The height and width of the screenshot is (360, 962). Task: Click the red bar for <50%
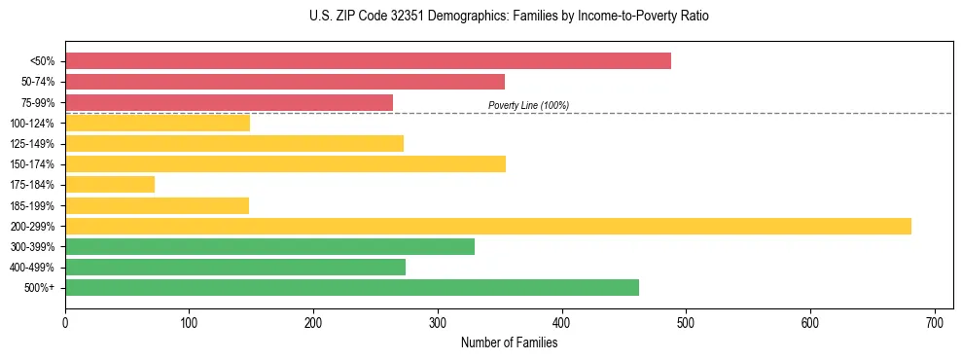pyautogui.click(x=368, y=60)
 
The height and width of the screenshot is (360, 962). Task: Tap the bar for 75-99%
pyautogui.click(x=229, y=102)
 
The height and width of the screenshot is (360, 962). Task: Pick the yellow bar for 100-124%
pyautogui.click(x=158, y=123)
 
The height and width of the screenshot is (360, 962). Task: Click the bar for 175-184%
pyautogui.click(x=110, y=184)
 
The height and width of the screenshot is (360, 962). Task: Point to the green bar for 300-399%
pyautogui.click(x=269, y=246)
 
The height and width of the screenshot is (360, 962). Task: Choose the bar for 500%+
pyautogui.click(x=352, y=287)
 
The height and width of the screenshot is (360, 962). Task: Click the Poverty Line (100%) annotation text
pyautogui.click(x=528, y=105)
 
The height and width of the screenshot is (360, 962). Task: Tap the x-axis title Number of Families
pyautogui.click(x=509, y=342)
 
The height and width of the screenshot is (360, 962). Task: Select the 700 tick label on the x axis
pyautogui.click(x=935, y=321)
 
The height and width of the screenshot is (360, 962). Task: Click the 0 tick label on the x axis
pyautogui.click(x=65, y=321)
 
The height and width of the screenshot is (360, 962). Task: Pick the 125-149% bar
pyautogui.click(x=234, y=143)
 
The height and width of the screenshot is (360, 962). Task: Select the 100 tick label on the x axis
pyautogui.click(x=190, y=321)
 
